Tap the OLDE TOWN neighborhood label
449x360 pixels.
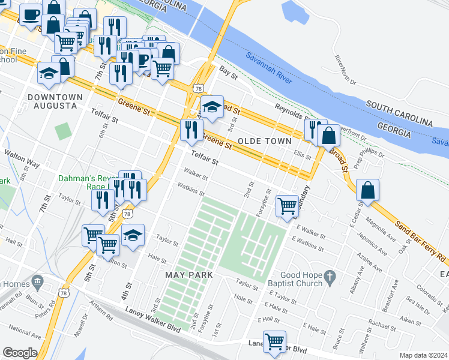[264, 141]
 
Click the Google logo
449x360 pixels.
[20, 353]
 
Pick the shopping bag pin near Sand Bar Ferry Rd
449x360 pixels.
[367, 191]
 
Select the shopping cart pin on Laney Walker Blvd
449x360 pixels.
[274, 342]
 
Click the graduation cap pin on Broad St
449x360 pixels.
[211, 107]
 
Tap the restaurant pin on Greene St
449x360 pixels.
[191, 130]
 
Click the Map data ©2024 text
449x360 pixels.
[423, 355]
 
